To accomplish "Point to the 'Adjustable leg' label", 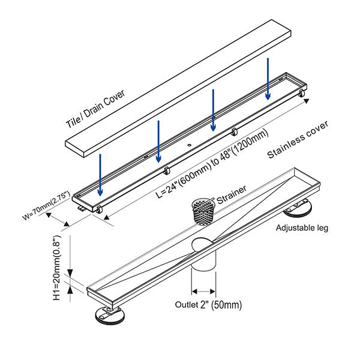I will pos(302,228).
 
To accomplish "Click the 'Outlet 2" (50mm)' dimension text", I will pos(209,305).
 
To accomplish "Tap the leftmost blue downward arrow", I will pos(101,174).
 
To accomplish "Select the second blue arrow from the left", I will pos(158,141).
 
